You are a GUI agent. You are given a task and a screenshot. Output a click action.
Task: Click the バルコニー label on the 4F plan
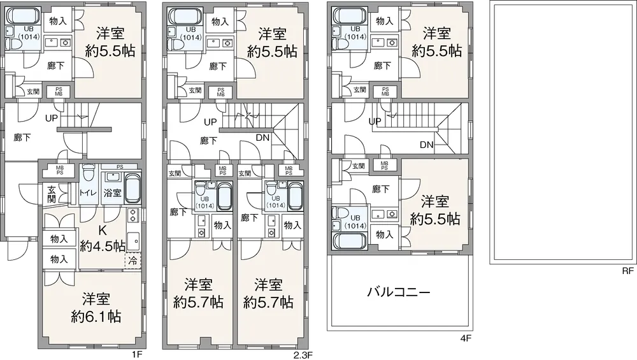399,292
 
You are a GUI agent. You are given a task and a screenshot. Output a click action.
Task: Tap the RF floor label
627,271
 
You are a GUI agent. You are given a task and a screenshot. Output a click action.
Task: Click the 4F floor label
466,338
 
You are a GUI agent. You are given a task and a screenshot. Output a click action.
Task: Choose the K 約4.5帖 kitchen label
103,238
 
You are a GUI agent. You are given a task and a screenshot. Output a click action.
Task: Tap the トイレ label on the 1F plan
88,192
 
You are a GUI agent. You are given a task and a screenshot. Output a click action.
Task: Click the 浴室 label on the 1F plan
113,192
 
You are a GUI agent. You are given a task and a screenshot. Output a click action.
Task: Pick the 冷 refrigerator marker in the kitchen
132,261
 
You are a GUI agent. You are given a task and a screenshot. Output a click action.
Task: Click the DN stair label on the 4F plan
427,145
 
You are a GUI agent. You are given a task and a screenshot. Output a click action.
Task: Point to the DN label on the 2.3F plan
263,138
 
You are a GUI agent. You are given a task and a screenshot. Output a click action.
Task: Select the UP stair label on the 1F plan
52,119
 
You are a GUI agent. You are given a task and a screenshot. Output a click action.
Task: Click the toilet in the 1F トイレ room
88,173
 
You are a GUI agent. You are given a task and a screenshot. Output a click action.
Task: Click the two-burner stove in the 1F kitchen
133,215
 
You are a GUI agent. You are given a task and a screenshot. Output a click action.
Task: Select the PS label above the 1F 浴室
120,166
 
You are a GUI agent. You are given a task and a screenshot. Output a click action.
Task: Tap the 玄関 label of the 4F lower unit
358,166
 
